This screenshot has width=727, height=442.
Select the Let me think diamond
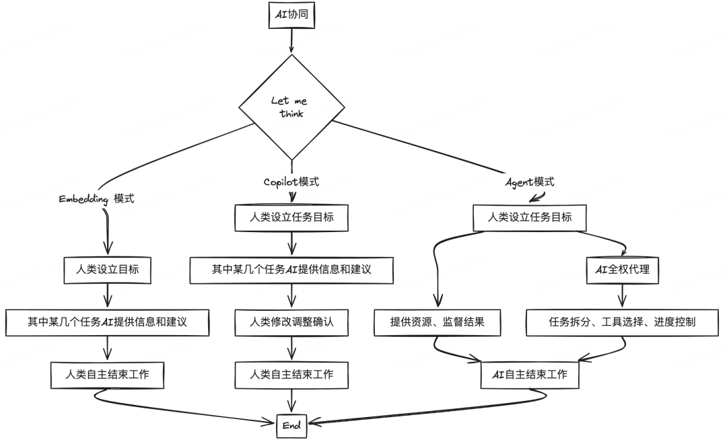tap(290, 108)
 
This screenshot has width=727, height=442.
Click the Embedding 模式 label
tap(96, 199)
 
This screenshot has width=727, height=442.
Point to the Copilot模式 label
tap(291, 182)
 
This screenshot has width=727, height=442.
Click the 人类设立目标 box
tap(107, 269)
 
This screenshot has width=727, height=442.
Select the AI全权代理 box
tap(623, 270)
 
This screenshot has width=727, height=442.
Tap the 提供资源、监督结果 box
tap(438, 322)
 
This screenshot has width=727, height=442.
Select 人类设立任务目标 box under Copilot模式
tap(291, 217)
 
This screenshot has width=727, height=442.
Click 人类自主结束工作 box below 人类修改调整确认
tap(291, 374)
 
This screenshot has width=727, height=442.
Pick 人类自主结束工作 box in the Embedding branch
tap(108, 375)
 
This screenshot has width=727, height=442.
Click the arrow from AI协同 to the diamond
tap(291, 41)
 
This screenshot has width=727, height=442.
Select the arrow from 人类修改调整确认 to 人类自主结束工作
tap(291, 348)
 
